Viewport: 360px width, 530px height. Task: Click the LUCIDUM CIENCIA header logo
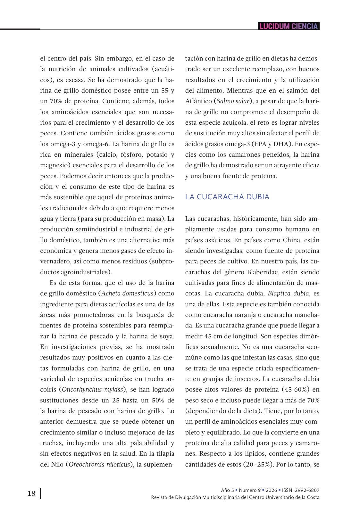[x=289, y=26]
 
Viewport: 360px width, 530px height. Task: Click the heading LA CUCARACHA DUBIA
[x=227, y=197]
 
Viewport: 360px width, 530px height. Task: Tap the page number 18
[x=31, y=493]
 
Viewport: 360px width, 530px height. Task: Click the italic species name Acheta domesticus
[x=127, y=293]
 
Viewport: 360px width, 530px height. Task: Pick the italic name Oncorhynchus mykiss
[x=92, y=389]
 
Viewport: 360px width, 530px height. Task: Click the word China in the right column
[x=292, y=240]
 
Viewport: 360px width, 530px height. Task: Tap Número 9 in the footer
[x=250, y=490]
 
